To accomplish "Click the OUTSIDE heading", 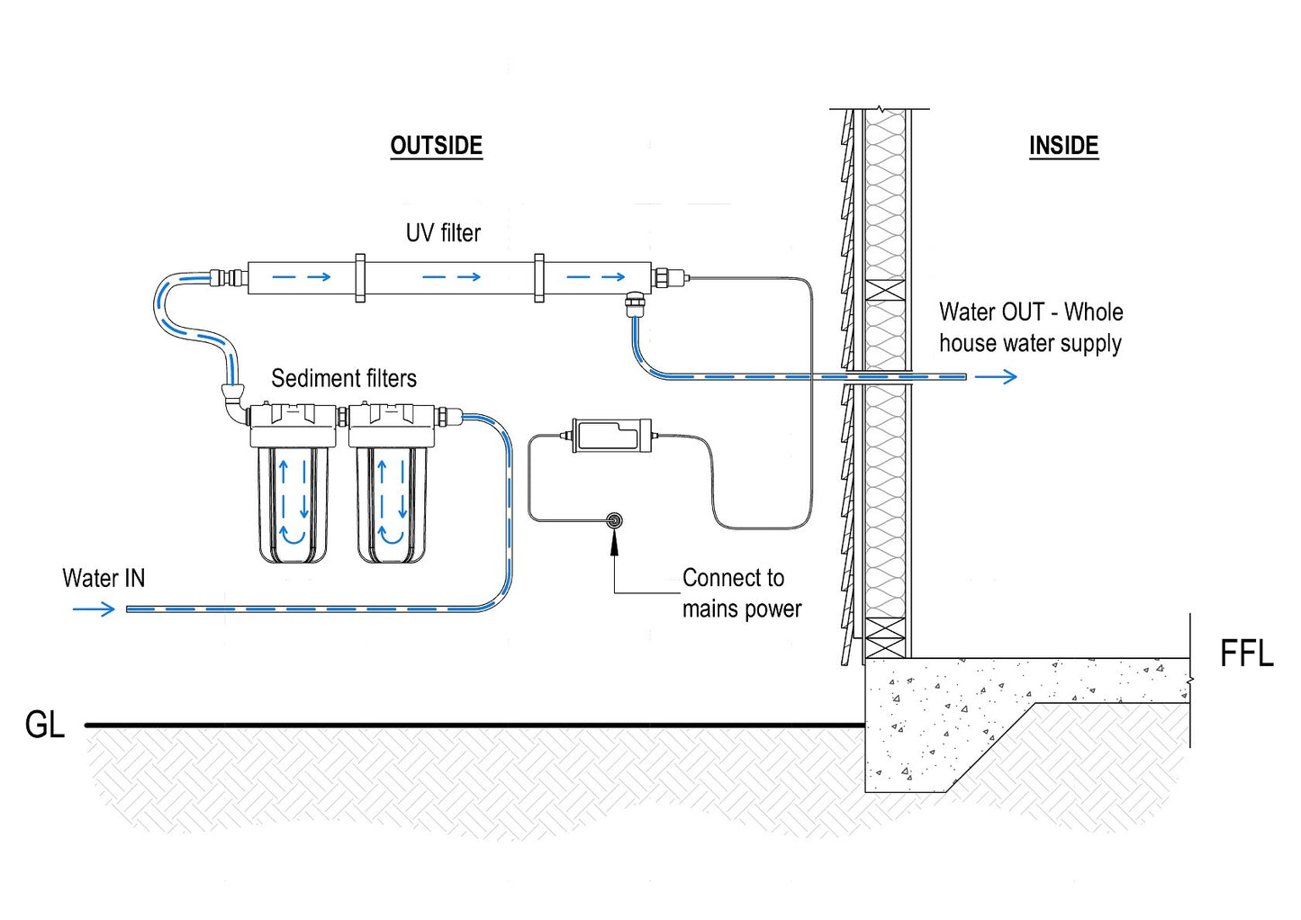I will point(436,146).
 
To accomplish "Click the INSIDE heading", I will point(1063,146).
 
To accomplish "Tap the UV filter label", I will point(443,233).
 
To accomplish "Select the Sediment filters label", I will point(344,378).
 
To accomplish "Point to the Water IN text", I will point(104,578).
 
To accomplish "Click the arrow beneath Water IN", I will point(94,609).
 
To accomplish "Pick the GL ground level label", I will point(45,725).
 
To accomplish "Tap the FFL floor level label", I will point(1246,654).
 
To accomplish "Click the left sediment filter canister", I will point(293,500).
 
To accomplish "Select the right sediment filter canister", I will point(391,500).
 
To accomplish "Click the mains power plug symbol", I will point(615,519).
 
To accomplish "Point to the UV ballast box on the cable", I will point(611,435).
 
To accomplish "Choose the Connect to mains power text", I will point(741,593).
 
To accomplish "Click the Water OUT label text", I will point(1031,328).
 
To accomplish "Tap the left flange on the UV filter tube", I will point(360,277).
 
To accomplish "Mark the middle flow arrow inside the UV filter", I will point(451,277).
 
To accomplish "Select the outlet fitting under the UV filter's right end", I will point(635,303).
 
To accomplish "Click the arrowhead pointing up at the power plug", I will point(615,539).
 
